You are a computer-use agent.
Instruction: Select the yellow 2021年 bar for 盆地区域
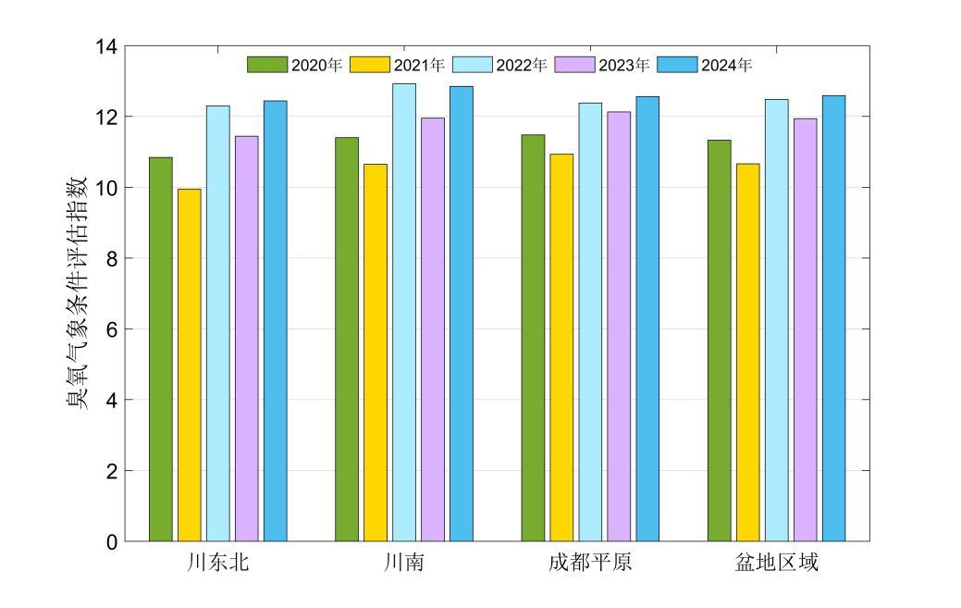pos(748,353)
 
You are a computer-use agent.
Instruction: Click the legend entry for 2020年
pos(295,65)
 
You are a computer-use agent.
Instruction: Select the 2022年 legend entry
pos(500,65)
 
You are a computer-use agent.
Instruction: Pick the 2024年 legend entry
pos(705,65)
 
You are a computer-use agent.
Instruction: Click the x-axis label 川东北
pos(217,563)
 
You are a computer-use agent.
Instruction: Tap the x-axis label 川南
pos(404,563)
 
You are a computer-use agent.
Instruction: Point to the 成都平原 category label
pos(590,563)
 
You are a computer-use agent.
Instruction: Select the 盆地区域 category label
pos(777,563)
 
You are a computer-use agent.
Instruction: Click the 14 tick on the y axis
pos(106,46)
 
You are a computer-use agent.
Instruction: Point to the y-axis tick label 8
pos(111,258)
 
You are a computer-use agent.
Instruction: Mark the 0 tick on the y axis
pos(111,542)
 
